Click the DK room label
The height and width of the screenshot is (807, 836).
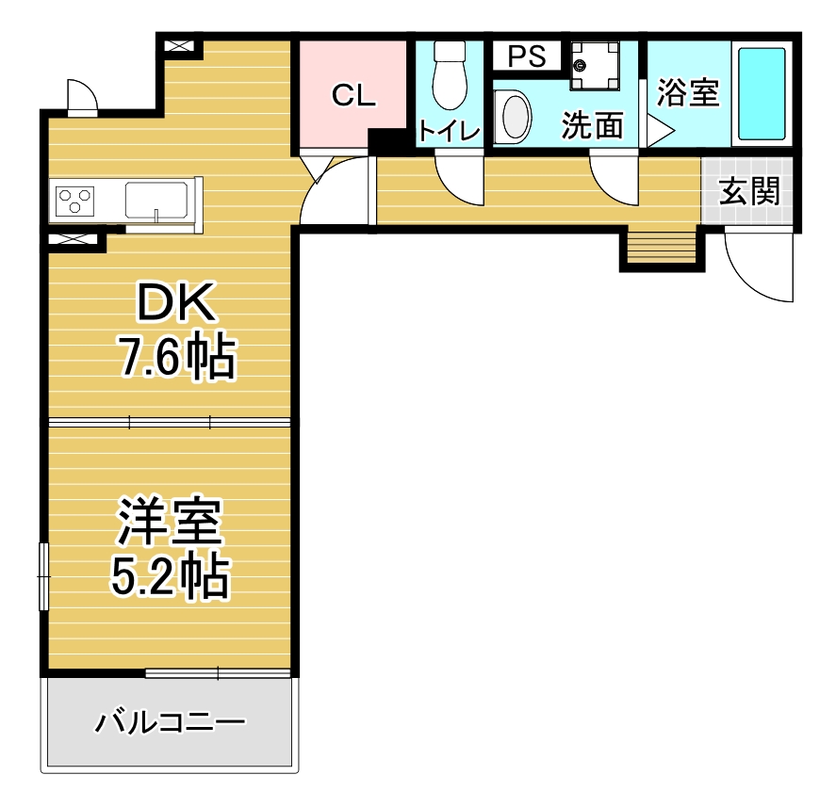point(177,301)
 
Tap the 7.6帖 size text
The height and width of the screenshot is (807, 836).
point(177,356)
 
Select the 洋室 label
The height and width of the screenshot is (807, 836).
point(170,522)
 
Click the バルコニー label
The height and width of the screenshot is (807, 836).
point(170,723)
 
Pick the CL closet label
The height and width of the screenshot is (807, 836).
point(353,95)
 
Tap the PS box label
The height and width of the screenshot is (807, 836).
point(527,56)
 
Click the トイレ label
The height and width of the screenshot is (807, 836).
point(449,131)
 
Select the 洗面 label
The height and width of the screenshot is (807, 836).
point(592,125)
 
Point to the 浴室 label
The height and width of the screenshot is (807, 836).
point(688,92)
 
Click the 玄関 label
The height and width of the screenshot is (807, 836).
point(749,191)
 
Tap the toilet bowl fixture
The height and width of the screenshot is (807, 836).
point(450,75)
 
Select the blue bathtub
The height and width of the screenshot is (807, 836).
point(762,94)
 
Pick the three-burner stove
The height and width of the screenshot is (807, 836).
point(75,202)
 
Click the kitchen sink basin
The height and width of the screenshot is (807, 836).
point(156,201)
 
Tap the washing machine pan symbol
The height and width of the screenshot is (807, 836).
point(595,66)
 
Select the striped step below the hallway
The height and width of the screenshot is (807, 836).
point(662,246)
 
